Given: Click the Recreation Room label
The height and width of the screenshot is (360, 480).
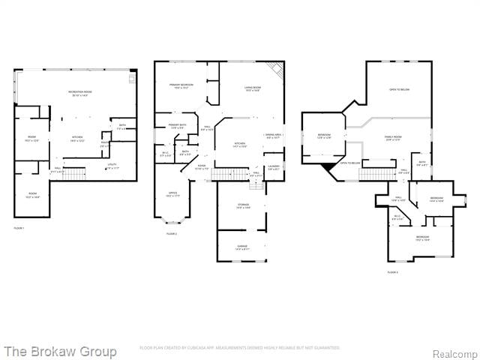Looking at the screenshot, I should point(79,94).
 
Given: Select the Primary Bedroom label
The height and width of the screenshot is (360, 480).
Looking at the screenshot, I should point(181,86).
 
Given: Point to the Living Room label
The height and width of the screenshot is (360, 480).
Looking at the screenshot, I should point(252,89).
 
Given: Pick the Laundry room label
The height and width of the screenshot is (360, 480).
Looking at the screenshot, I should point(274,168).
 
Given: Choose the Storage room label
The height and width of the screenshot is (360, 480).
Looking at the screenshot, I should point(244,206).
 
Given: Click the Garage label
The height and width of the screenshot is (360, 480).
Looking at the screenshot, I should point(244,247).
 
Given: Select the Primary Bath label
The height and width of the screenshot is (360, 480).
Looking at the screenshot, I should point(177,126).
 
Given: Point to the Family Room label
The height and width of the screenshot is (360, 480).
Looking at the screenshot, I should point(393,138).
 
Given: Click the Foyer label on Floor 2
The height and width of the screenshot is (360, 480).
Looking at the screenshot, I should point(202,166).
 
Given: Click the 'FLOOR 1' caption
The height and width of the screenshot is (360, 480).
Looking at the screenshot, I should point(19,227).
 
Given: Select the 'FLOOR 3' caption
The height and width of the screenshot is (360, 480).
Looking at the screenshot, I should point(392,271).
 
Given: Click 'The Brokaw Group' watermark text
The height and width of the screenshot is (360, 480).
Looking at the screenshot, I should point(60,351).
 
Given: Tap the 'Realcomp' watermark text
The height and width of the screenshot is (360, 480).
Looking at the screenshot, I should point(454,352).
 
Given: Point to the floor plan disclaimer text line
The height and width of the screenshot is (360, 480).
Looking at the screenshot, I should point(239,348).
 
